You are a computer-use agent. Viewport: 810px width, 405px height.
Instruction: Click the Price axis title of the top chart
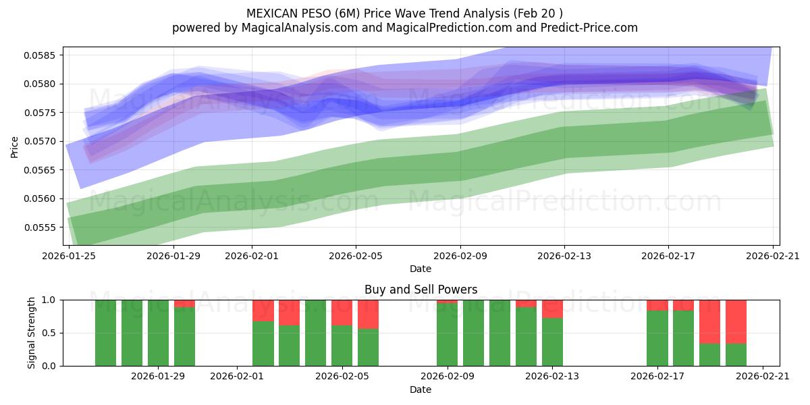point(15,146)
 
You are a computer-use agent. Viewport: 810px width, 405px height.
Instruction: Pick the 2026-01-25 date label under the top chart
point(69,256)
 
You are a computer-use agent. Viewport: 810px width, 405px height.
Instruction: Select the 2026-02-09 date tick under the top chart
point(460,256)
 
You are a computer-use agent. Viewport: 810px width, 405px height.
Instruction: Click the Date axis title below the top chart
point(421,269)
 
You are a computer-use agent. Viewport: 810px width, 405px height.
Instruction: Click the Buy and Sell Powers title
point(421,290)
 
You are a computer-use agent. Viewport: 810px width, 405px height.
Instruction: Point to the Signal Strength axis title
point(32,333)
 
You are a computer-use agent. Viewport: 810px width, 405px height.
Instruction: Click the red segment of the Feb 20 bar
point(736,321)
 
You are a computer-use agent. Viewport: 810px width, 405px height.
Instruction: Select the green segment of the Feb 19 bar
point(709,354)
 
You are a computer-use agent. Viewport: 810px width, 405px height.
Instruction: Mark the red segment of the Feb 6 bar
point(368,314)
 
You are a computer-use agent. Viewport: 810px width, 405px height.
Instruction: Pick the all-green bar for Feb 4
point(315,333)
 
